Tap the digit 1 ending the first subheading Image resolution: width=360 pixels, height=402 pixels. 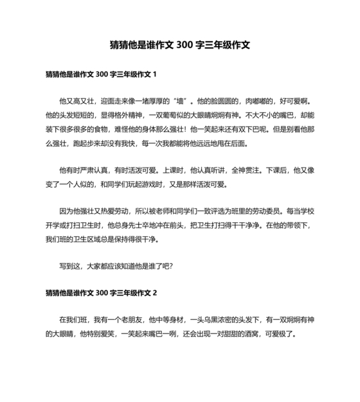pyautogui.click(x=155, y=75)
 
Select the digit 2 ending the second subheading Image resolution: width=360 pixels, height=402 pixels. pyautogui.click(x=155, y=293)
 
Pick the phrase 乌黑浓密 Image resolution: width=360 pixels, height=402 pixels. pyautogui.click(x=219, y=320)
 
